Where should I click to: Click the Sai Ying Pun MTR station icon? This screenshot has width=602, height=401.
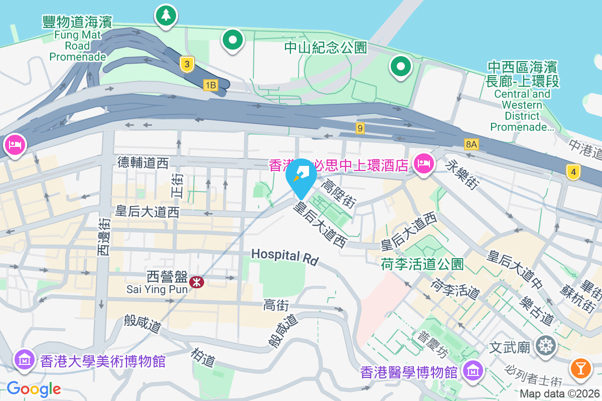[197, 282]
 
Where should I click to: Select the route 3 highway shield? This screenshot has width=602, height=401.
[187, 64]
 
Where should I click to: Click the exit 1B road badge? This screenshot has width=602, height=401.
[211, 85]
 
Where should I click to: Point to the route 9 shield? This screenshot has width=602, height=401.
[360, 128]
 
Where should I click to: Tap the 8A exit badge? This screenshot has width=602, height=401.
[471, 145]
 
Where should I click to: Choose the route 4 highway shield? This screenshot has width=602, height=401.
[573, 172]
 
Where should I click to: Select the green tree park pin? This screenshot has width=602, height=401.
[166, 15]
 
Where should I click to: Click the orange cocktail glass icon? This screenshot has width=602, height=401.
[581, 368]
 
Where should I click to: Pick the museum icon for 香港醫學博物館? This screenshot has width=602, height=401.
[473, 370]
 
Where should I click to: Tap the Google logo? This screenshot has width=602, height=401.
[34, 388]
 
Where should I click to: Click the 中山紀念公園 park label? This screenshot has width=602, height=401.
[326, 48]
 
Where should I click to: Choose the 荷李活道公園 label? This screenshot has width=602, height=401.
[422, 264]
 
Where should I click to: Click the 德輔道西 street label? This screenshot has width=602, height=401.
[143, 162]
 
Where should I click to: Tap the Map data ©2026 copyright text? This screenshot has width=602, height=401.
[559, 394]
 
